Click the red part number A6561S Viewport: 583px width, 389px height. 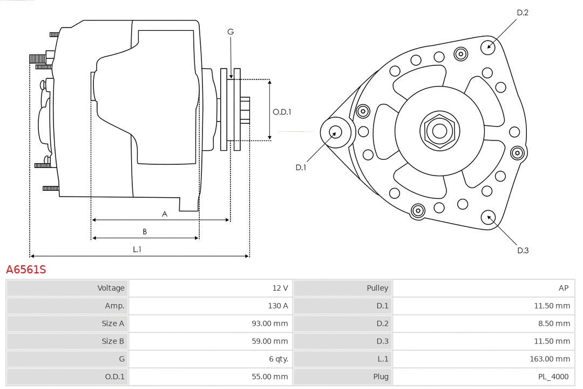click(26, 269)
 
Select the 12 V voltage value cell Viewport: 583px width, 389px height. click(280, 288)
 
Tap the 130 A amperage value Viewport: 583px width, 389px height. click(277, 306)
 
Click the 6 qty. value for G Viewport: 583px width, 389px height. click(276, 359)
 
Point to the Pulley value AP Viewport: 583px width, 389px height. click(564, 288)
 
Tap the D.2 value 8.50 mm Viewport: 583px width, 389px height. click(553, 324)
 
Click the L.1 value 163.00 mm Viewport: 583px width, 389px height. click(550, 359)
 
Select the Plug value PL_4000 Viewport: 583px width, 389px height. click(553, 377)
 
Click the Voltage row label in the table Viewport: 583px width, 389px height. click(111, 288)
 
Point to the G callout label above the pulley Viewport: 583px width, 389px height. click(231, 32)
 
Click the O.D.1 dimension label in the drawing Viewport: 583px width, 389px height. click(282, 112)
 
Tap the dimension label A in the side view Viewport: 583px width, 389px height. click(165, 214)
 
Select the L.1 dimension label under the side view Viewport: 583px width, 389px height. click(137, 250)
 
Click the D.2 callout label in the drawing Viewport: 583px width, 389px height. click(523, 12)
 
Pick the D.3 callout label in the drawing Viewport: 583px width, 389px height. click(523, 250)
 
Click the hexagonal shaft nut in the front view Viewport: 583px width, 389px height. click(439, 131)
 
